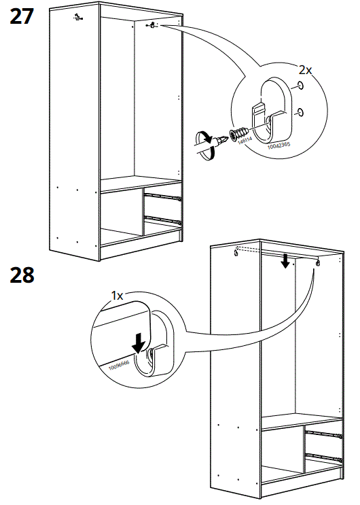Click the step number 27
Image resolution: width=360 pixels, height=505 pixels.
[21, 16]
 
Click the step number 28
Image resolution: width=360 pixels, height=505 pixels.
[22, 275]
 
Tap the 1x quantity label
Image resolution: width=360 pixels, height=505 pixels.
[117, 296]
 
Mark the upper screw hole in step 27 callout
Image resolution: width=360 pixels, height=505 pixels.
[299, 86]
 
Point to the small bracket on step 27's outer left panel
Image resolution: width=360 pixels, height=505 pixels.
[77, 18]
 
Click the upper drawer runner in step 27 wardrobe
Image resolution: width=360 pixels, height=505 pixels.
[164, 197]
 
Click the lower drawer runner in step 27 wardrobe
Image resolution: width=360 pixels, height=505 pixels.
[164, 220]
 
